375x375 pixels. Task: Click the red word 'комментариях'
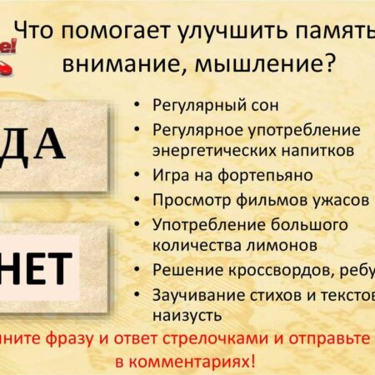coord(200,362)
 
